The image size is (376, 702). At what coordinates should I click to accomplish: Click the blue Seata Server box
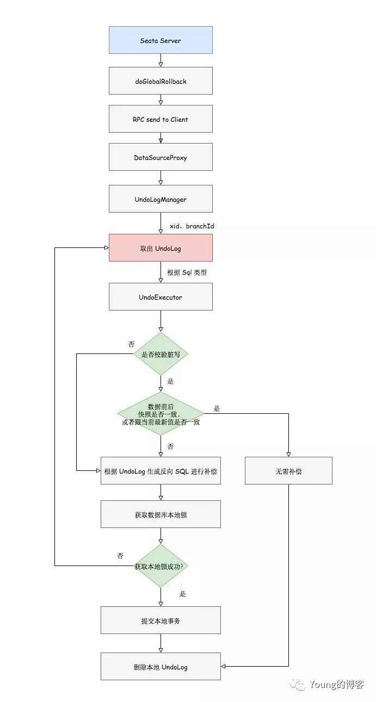(161, 40)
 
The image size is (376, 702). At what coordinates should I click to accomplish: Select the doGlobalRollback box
(161, 81)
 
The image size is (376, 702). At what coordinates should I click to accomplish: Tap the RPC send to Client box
(161, 119)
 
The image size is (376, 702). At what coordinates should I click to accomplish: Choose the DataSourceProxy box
(161, 157)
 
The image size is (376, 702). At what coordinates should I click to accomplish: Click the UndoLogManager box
(161, 199)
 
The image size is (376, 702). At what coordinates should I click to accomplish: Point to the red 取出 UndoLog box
(161, 248)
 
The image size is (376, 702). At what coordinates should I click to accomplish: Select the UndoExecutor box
(161, 297)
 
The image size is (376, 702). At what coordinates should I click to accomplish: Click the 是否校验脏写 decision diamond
(161, 354)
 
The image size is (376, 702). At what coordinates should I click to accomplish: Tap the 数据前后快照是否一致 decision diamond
(161, 414)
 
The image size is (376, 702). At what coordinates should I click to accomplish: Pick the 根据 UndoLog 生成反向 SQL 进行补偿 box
(161, 471)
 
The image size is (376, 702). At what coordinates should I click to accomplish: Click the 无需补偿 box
(288, 471)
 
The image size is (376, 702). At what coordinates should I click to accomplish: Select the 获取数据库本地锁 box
(161, 514)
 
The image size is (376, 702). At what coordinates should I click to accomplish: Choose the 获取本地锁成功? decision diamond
(161, 566)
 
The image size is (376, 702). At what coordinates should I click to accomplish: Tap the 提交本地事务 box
(161, 620)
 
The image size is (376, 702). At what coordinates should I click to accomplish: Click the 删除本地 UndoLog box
(161, 667)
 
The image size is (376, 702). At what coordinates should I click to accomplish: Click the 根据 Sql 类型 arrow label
(187, 272)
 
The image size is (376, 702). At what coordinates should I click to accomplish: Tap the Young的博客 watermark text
(336, 684)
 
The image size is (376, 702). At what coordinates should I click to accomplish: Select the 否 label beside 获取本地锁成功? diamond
(120, 556)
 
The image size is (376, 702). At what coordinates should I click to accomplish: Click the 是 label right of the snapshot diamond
(217, 408)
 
